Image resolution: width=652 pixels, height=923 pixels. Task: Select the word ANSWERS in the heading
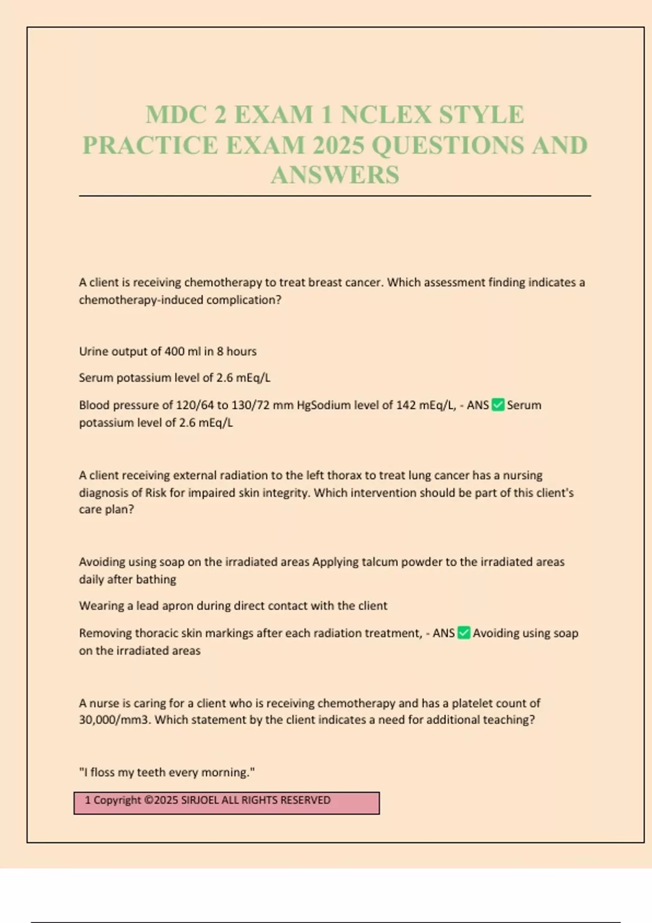(x=335, y=175)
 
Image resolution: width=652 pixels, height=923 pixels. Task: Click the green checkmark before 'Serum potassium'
(x=498, y=405)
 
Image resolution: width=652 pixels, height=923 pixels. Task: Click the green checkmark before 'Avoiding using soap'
(x=463, y=633)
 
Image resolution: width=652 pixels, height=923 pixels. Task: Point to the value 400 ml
(x=182, y=351)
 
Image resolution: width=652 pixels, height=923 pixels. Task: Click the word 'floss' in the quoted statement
(x=112, y=772)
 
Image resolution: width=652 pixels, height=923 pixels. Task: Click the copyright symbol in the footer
(x=148, y=800)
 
